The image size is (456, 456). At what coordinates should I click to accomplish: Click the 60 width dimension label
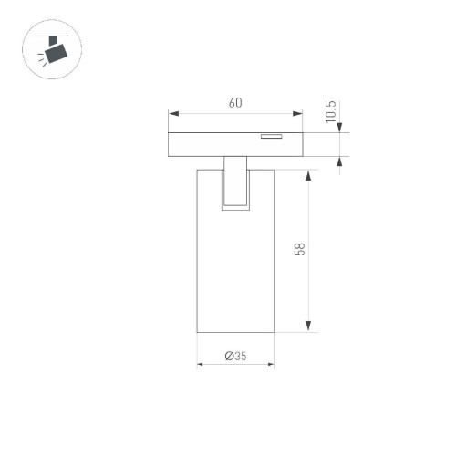pyautogui.click(x=235, y=103)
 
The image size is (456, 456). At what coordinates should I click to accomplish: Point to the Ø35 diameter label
pyautogui.click(x=235, y=357)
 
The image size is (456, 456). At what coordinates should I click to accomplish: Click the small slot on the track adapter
pyautogui.click(x=270, y=138)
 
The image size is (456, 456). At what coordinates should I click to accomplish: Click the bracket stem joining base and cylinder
pyautogui.click(x=235, y=181)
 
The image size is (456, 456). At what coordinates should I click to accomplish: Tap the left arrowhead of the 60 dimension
pyautogui.click(x=173, y=114)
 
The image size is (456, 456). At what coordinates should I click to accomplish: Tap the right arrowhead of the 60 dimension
pyautogui.click(x=297, y=114)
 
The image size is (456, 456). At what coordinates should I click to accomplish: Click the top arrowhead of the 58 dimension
pyautogui.click(x=310, y=174)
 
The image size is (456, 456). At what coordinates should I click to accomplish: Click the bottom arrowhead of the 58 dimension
pyautogui.click(x=310, y=327)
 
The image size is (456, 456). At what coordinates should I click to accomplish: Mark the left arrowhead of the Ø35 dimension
pyautogui.click(x=202, y=364)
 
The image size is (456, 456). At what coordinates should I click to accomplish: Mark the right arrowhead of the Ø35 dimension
pyautogui.click(x=269, y=364)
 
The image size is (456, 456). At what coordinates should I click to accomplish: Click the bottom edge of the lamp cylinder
pyautogui.click(x=235, y=333)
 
